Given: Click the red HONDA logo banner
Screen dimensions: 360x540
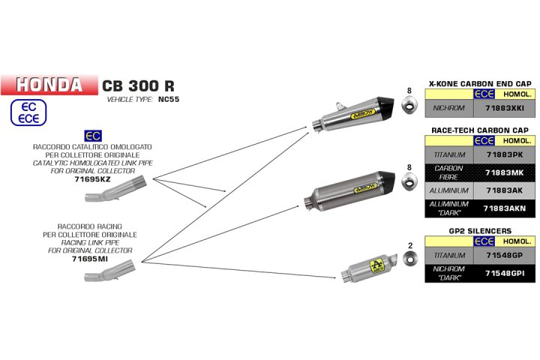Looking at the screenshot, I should click(49, 84).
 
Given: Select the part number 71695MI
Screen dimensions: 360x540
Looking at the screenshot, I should click(93, 259).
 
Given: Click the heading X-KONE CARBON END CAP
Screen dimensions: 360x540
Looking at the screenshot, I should click(480, 84).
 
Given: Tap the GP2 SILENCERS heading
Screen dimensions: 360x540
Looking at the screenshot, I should click(480, 231).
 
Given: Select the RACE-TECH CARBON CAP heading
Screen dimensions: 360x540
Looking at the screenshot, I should click(480, 130).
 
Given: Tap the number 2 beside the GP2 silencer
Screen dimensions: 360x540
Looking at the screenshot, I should click(409, 245).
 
